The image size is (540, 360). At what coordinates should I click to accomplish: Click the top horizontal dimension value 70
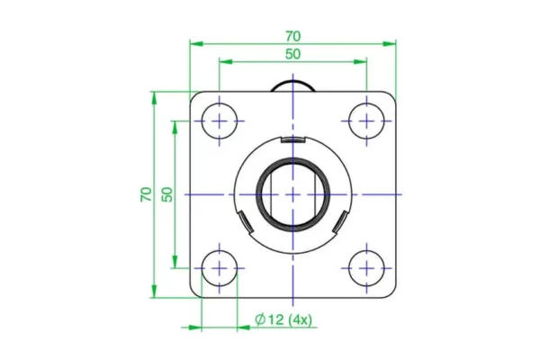pos(292,36)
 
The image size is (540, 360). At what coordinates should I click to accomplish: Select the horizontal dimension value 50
pos(292,54)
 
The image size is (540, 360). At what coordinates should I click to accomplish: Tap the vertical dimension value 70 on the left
pos(147,193)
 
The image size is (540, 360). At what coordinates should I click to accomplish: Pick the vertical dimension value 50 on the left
pos(166,193)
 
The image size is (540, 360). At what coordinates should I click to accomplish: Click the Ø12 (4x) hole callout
pos(283,319)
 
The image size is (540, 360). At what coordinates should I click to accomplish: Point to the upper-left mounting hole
pos(219,121)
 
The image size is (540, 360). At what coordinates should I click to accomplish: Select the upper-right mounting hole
pos(366,121)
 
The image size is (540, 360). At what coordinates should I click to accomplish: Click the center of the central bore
pos(292,194)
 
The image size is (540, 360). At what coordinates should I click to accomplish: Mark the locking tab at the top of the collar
pos(292,140)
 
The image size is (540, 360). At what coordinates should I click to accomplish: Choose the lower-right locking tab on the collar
pos(340,220)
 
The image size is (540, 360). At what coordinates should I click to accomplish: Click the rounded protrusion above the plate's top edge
pos(292,84)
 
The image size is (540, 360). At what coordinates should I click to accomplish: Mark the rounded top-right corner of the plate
pos(391,95)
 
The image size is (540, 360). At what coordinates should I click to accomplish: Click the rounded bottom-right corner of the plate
pos(391,292)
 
